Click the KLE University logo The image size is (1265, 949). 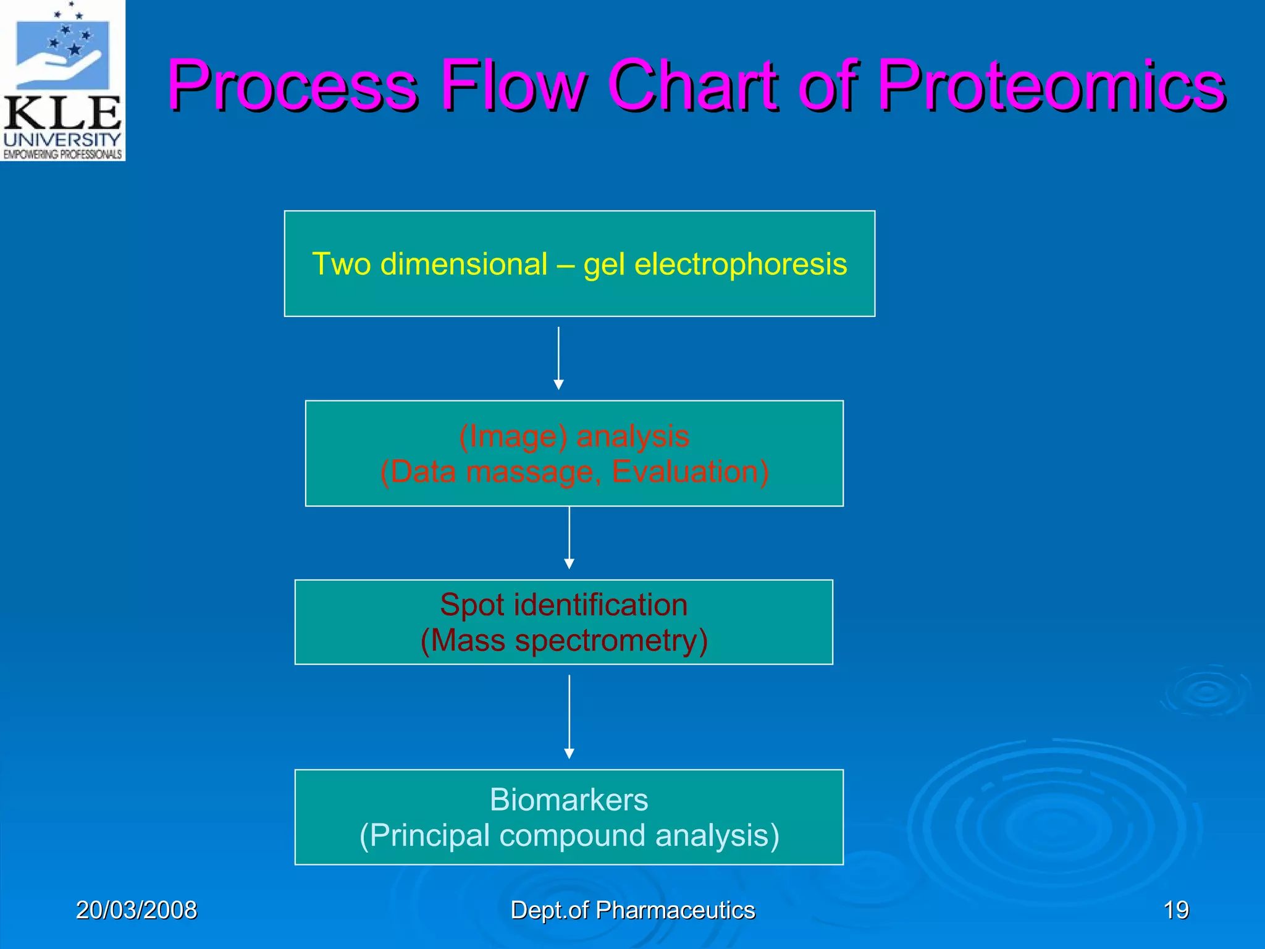point(62,80)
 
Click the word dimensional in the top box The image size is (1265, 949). point(463,264)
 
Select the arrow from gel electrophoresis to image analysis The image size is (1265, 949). point(558,358)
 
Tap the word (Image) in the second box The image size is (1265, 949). point(513,436)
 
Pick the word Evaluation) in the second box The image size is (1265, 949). point(691,472)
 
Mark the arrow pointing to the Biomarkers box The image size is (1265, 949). point(569,717)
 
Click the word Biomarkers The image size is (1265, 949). point(569,800)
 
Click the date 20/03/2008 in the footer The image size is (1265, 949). point(136,910)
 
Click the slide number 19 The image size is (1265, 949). point(1175,910)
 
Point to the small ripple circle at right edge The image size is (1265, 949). point(1206,692)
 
